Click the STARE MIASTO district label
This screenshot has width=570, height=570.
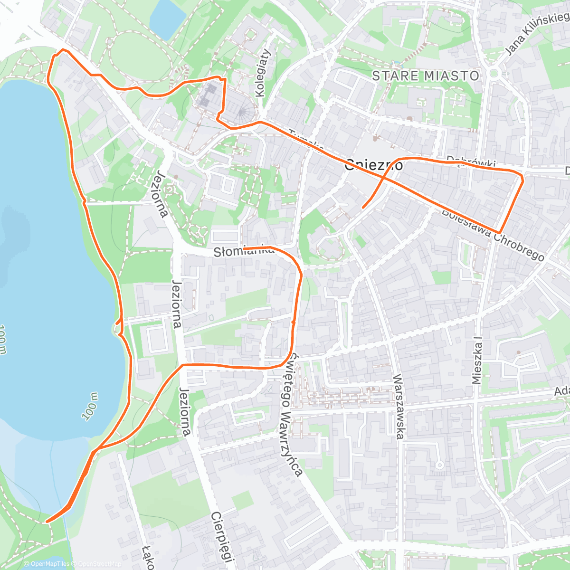(x=426, y=76)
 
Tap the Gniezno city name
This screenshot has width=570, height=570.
(x=374, y=165)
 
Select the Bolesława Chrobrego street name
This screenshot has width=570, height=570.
(x=493, y=234)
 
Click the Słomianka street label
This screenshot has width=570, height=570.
(x=243, y=251)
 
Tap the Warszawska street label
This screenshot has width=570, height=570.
(x=399, y=407)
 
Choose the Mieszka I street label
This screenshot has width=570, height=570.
(x=477, y=361)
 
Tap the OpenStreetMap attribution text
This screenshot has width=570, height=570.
(x=99, y=564)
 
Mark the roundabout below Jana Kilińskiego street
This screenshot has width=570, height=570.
(x=494, y=73)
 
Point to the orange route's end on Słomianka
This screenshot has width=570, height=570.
(x=244, y=248)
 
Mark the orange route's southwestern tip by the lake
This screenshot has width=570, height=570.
(x=47, y=522)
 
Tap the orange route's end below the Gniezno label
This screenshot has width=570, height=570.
(x=363, y=208)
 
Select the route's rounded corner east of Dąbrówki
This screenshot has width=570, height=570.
(x=522, y=177)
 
